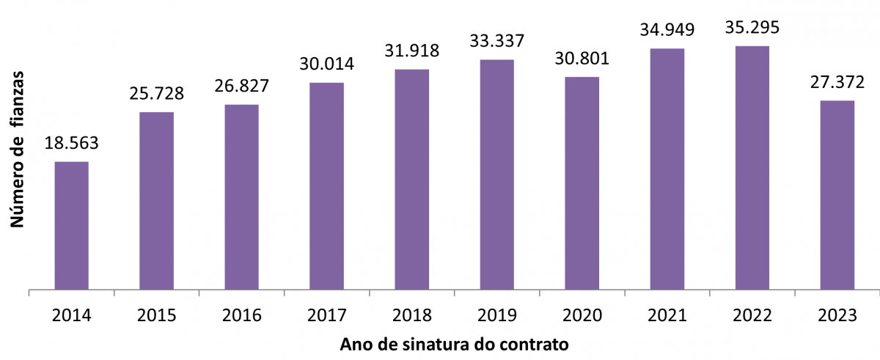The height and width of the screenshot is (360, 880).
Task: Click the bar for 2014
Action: click(72, 226)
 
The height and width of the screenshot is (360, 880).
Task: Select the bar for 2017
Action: click(326, 186)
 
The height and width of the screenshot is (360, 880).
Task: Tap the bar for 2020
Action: click(582, 183)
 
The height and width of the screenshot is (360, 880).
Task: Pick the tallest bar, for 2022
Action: click(752, 168)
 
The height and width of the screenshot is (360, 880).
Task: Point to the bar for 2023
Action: click(837, 195)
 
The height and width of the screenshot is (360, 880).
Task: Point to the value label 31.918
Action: click(411, 51)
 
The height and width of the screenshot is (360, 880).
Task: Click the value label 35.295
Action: click(752, 27)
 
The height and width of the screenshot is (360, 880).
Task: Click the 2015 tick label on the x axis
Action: click(157, 315)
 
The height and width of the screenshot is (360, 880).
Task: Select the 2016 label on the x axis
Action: click(241, 315)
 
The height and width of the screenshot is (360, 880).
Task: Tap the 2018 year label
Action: click(411, 315)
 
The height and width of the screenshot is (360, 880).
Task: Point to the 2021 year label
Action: click(667, 315)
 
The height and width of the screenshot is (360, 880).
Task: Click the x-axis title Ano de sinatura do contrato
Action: click(455, 344)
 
